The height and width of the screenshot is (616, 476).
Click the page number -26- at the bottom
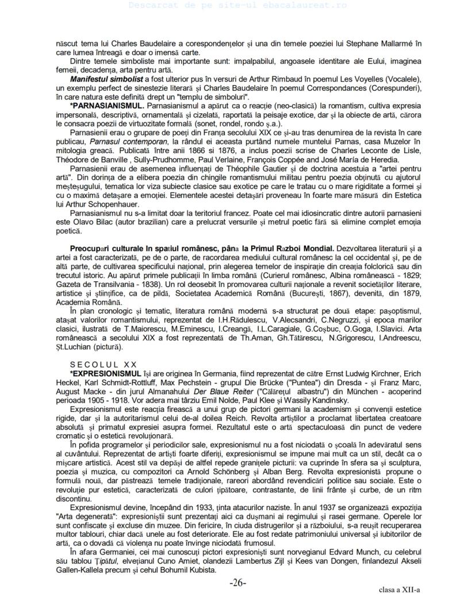point(238,583)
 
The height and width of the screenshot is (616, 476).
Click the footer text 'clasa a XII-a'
point(400,591)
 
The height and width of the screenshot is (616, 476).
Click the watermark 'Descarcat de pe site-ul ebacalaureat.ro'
point(237,5)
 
